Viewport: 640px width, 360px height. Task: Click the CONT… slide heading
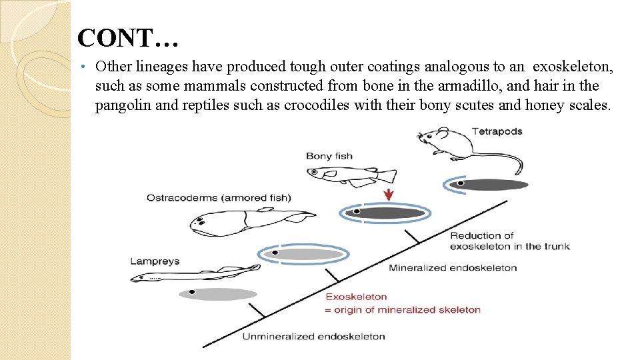click(127, 38)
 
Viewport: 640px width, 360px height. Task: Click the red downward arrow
click(389, 194)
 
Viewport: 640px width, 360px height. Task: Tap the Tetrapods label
click(497, 131)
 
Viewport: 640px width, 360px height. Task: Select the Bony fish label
click(329, 156)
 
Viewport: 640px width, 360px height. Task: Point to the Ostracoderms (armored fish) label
click(219, 197)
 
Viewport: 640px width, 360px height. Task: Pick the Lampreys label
click(155, 261)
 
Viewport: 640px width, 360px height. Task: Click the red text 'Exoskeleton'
click(356, 297)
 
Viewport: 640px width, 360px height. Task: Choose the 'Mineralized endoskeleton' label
click(453, 268)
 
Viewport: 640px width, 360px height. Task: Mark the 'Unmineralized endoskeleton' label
click(313, 337)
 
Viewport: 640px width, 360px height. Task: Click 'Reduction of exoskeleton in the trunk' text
click(510, 241)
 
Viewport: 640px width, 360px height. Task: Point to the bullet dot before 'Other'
click(81, 67)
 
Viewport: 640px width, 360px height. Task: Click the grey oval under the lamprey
click(219, 293)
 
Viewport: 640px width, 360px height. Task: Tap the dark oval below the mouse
click(489, 185)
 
